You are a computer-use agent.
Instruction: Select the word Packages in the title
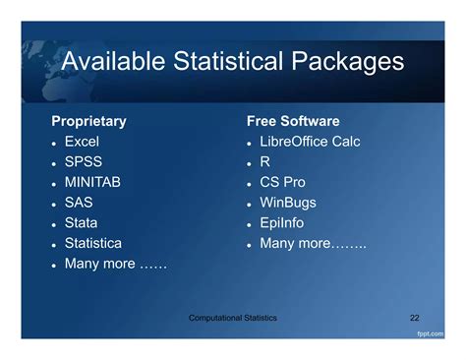(345, 62)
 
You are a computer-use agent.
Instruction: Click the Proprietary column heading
(88, 121)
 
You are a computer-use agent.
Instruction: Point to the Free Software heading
(293, 121)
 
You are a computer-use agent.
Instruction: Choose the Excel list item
(82, 142)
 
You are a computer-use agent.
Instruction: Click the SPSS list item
(84, 161)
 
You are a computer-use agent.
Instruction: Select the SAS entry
(79, 203)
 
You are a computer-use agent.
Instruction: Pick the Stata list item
(81, 222)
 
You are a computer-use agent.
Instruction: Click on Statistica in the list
(93, 243)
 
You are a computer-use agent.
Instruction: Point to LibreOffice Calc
(310, 142)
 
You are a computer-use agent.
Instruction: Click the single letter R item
(265, 161)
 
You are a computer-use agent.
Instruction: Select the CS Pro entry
(283, 182)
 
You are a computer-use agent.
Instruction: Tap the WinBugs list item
(287, 203)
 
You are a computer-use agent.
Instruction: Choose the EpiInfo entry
(282, 222)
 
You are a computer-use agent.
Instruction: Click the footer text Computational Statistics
(233, 318)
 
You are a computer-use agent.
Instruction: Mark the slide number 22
(414, 318)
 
